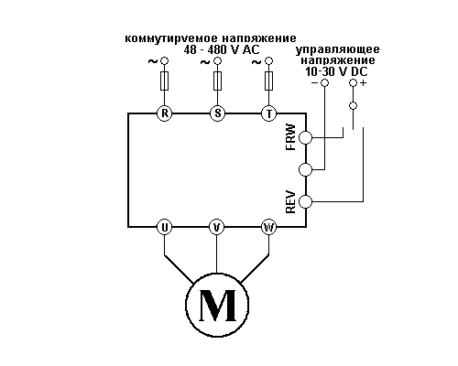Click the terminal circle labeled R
165,113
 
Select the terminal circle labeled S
217,113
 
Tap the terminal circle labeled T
269,113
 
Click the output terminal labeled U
165,227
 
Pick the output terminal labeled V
217,227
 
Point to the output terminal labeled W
269,227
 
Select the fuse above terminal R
165,81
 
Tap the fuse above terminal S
217,81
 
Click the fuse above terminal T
269,81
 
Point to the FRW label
290,137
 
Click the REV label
290,202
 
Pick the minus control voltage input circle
324,82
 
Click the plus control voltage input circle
353,82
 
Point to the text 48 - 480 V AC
222,49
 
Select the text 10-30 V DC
336,71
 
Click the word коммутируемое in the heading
171,38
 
